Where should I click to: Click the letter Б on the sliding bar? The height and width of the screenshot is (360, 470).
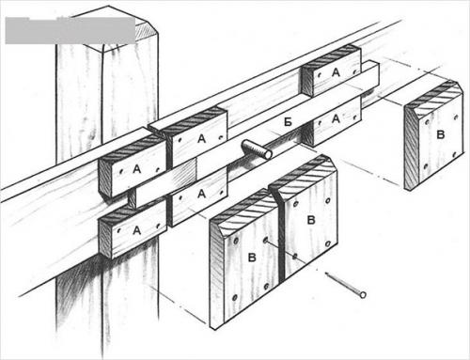288,122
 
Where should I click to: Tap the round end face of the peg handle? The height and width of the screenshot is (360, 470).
268,154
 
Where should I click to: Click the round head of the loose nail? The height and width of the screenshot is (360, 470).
363,295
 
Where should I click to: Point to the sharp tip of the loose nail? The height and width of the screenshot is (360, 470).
326,274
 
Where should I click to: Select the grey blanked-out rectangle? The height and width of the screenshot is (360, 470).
70,30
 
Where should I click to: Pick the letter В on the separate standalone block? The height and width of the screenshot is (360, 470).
441,135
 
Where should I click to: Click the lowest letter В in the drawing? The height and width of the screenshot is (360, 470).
252,258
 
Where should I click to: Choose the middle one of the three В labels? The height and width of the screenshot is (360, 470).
310,220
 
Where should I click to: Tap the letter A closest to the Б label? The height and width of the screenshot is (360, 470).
336,118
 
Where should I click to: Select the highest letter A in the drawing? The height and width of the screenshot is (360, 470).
336,72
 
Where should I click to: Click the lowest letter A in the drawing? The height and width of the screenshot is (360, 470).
136,231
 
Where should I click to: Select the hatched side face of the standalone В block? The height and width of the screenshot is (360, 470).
411,149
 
